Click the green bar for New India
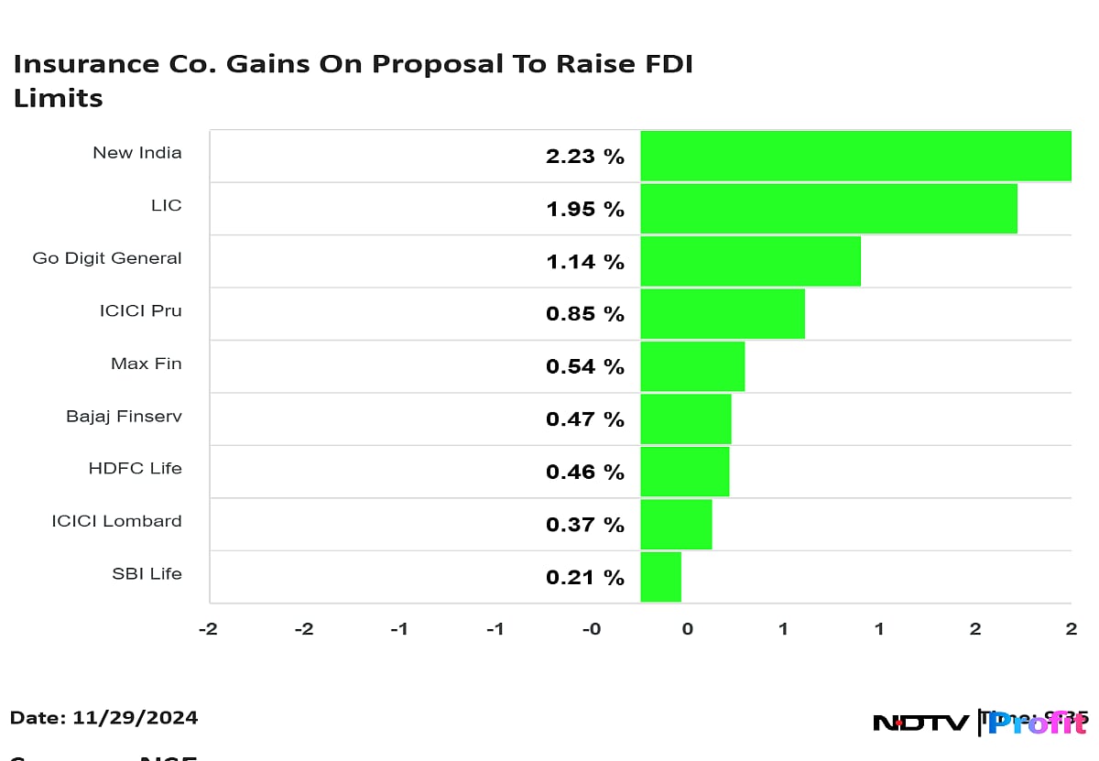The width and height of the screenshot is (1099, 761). tap(855, 156)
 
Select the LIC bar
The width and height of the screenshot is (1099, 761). tap(829, 209)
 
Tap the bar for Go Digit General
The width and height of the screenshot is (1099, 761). tap(750, 261)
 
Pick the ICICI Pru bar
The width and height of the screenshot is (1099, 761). tap(723, 313)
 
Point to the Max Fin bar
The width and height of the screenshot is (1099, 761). tap(692, 366)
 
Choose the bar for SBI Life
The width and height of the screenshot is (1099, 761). tap(660, 577)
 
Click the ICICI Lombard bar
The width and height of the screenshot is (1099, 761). tap(676, 524)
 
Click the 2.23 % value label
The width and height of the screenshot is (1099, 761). tap(584, 157)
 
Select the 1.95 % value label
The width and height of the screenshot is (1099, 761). tap(584, 209)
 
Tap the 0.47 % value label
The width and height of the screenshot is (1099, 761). tap(584, 419)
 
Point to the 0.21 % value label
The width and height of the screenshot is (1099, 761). tap(584, 577)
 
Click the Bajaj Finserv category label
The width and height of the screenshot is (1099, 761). tap(124, 417)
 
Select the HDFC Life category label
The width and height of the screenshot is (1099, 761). tap(135, 469)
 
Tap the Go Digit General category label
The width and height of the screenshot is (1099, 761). tap(107, 258)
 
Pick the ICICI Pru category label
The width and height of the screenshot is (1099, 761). tap(140, 311)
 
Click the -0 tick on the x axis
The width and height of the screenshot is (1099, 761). tap(592, 629)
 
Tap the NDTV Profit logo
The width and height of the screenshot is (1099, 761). tap(980, 723)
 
